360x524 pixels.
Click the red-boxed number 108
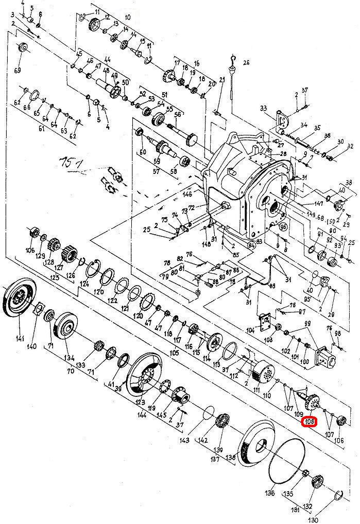[310, 423]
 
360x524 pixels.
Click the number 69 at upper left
[18, 70]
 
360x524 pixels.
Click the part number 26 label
[246, 63]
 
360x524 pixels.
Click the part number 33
[264, 108]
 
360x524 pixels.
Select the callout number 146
[187, 195]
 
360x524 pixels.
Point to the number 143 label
[185, 441]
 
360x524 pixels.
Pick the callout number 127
[59, 267]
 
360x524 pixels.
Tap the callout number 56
[178, 114]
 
